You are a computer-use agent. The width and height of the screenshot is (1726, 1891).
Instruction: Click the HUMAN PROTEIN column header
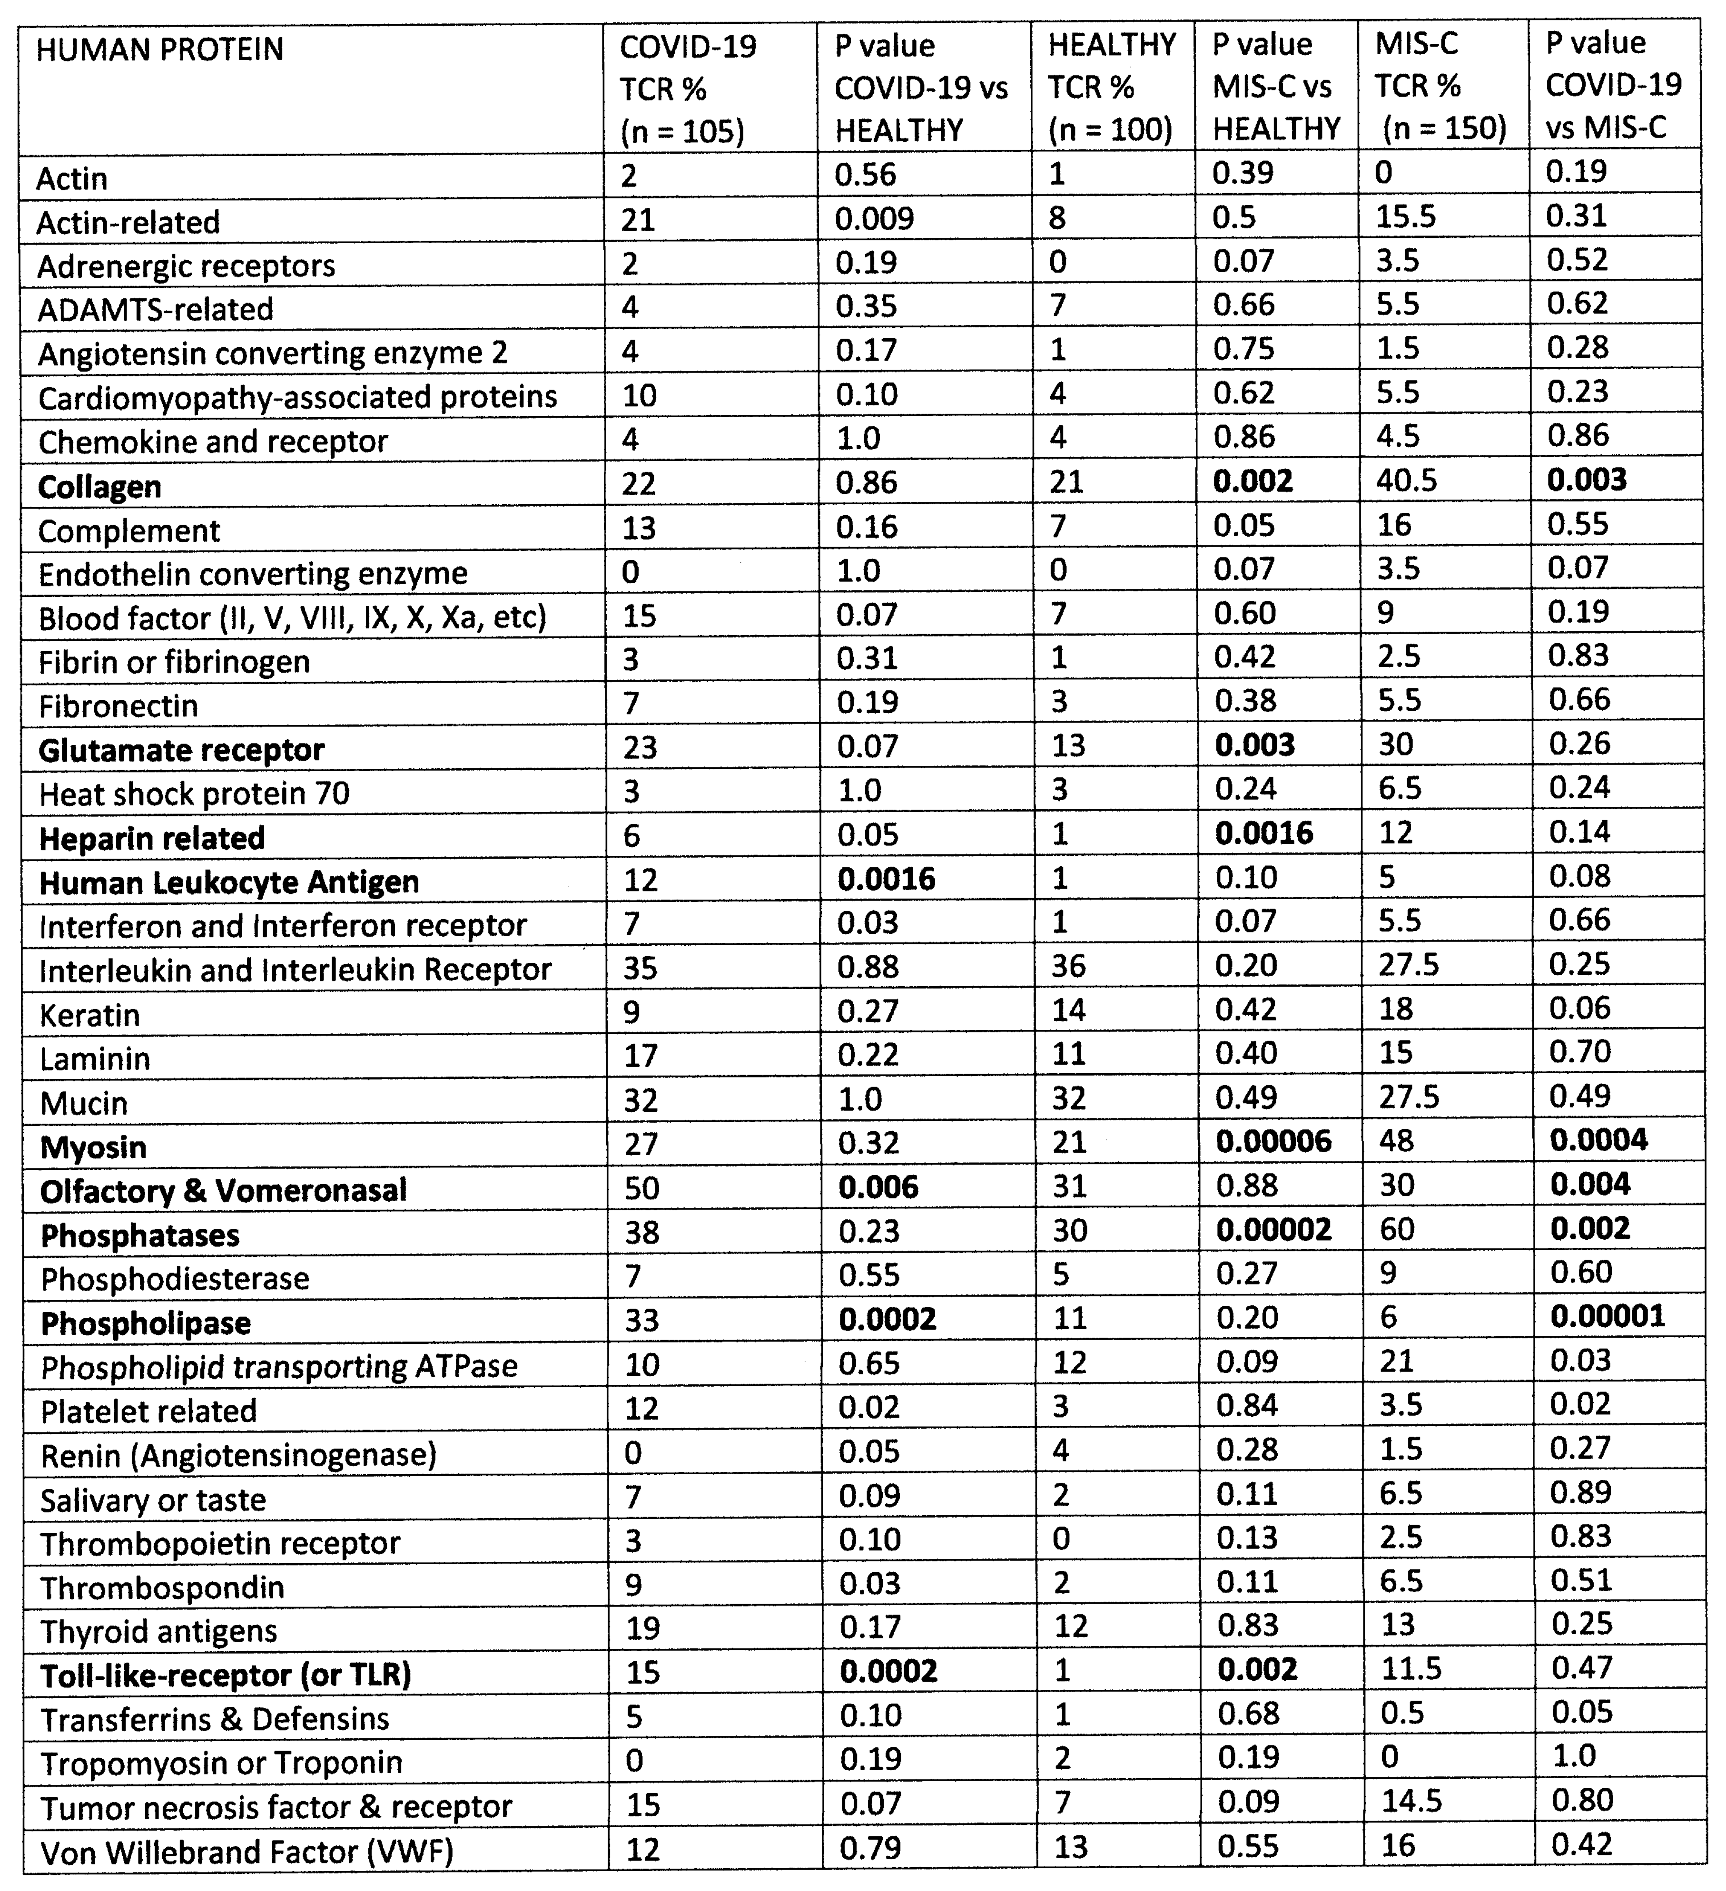coord(159,49)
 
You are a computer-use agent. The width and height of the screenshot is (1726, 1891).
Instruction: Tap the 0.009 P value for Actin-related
coord(874,218)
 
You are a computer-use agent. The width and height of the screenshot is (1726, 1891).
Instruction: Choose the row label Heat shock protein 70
coord(194,794)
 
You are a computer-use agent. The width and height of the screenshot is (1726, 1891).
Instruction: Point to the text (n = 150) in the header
coord(1444,128)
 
